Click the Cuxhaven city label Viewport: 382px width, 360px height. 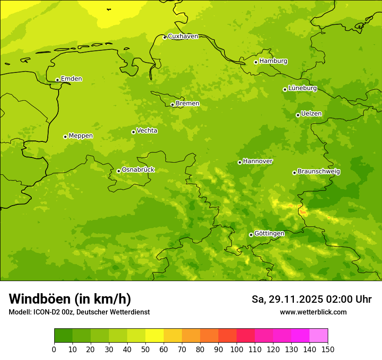point(183,36)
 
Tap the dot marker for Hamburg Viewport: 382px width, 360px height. point(256,62)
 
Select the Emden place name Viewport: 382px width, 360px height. point(71,79)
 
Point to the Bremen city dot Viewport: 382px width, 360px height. point(172,105)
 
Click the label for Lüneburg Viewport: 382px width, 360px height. point(302,88)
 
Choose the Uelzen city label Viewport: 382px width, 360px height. point(311,114)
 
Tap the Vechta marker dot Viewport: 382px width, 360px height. point(133,132)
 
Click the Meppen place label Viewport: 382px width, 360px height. point(80,136)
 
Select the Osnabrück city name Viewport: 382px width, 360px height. point(138,170)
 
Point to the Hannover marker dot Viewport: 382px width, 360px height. point(240,162)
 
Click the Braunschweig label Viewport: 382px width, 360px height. point(319,172)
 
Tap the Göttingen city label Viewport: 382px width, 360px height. point(269,234)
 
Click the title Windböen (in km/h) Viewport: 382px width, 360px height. point(70,299)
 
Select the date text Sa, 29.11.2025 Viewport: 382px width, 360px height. point(287,299)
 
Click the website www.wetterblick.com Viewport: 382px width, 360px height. point(313,312)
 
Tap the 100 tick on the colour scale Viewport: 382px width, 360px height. point(237,349)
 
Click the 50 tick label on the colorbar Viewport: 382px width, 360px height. point(145,349)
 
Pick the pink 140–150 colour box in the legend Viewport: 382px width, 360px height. point(319,336)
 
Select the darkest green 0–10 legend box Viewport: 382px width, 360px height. point(63,336)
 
